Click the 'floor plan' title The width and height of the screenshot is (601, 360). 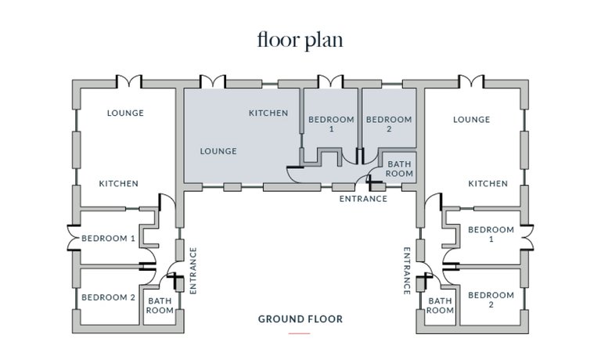click(x=300, y=40)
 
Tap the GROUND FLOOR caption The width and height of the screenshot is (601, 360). click(x=300, y=319)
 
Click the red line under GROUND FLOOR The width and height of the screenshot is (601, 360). click(x=300, y=333)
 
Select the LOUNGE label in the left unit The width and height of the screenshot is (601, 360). click(x=125, y=113)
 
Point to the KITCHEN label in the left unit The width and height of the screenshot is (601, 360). click(x=119, y=184)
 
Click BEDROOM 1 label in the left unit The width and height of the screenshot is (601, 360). click(x=109, y=239)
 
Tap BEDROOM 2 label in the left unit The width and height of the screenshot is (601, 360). click(x=109, y=297)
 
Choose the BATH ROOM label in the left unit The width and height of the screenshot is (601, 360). click(x=160, y=305)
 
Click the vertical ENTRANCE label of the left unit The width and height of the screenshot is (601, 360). click(x=193, y=271)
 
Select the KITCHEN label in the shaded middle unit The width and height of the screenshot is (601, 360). click(x=268, y=113)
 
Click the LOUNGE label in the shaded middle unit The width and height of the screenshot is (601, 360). click(x=218, y=152)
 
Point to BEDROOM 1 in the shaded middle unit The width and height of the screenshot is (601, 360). click(x=332, y=124)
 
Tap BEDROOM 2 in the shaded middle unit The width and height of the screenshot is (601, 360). click(x=389, y=124)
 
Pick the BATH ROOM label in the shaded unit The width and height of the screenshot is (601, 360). click(x=399, y=169)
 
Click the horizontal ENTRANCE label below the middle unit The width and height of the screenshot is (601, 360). click(x=363, y=199)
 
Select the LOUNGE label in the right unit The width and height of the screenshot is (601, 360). click(x=471, y=120)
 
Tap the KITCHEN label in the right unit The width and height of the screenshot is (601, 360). click(x=488, y=184)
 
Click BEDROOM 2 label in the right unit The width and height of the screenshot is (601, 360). click(x=491, y=300)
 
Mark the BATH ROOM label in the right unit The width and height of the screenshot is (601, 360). click(x=440, y=305)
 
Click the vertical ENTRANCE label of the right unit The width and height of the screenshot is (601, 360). click(x=407, y=271)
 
